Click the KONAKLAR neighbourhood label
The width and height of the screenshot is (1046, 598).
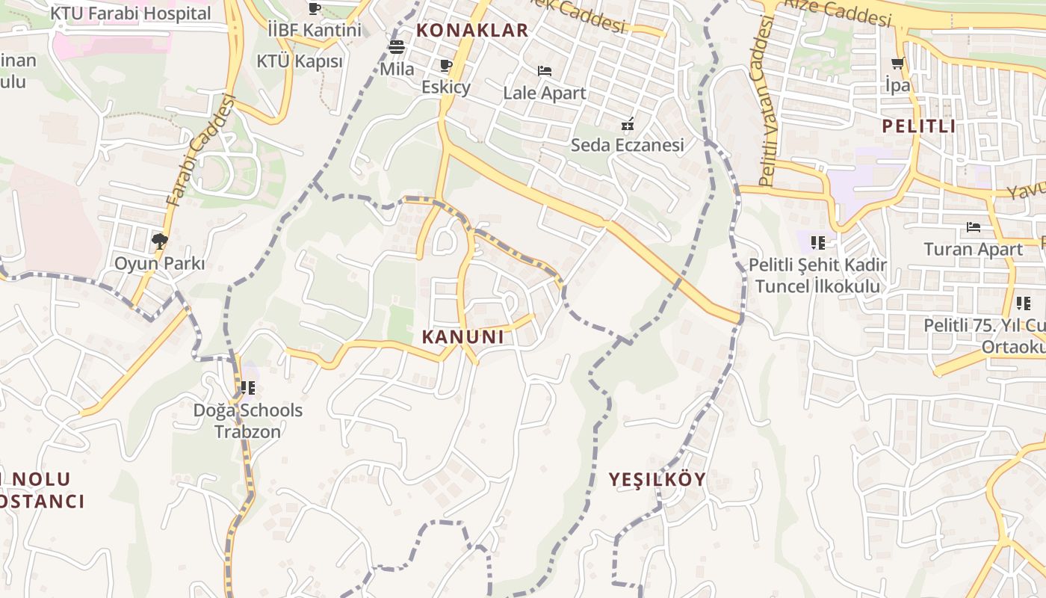472,31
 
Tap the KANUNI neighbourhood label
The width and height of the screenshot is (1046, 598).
462,337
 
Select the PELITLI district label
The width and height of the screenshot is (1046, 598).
918,126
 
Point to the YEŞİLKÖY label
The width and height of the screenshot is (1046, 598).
657,480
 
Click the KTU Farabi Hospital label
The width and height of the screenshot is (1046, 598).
131,13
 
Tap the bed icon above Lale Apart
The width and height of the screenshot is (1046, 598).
545,71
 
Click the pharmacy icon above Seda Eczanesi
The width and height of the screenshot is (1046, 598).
628,123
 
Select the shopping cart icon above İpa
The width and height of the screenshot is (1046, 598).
897,64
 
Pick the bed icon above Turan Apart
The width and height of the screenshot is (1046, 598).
973,226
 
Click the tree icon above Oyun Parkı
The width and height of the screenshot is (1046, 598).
159,241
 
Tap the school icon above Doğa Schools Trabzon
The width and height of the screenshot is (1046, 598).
248,387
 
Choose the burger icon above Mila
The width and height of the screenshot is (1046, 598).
396,47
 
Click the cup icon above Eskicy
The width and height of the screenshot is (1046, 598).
446,66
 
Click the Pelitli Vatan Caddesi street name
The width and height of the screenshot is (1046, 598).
767,101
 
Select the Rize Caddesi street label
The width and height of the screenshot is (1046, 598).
837,10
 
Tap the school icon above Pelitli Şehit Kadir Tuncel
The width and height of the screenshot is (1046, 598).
818,242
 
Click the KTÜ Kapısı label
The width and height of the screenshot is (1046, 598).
300,61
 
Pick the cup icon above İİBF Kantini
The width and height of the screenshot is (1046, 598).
315,9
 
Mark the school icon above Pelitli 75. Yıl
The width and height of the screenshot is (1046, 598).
1023,303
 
